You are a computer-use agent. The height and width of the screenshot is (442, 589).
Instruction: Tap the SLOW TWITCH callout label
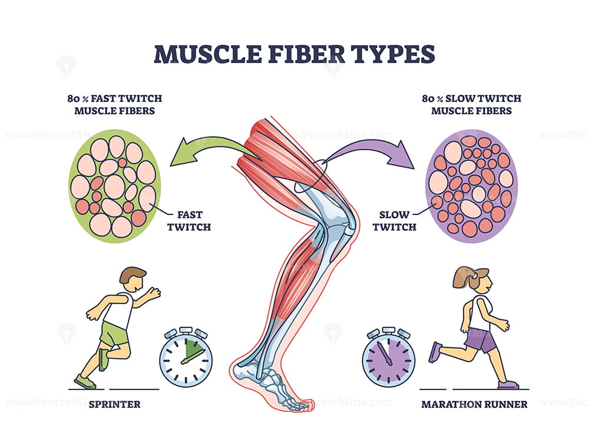(394, 221)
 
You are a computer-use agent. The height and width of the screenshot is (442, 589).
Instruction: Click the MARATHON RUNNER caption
(474, 404)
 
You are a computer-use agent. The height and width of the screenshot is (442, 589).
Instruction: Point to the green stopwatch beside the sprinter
(186, 356)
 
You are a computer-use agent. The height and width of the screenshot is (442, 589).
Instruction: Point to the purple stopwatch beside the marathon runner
(388, 356)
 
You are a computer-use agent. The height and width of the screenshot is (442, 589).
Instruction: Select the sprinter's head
(133, 279)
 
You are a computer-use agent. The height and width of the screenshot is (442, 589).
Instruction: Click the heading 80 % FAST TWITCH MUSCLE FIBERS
(115, 104)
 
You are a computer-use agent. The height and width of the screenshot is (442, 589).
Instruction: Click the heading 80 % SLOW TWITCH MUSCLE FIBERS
(471, 104)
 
